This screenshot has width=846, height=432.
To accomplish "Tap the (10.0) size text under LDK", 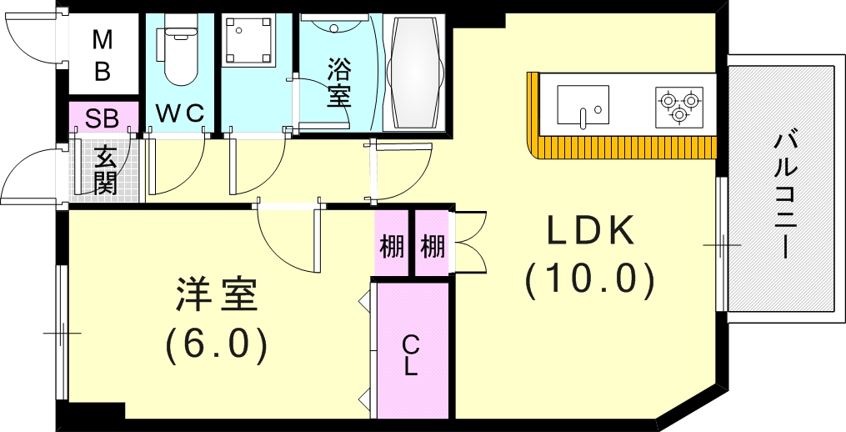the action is pyautogui.click(x=590, y=281).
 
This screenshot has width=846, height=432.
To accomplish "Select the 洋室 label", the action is pyautogui.click(x=217, y=296).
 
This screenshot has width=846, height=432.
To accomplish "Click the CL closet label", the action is pyautogui.click(x=411, y=354).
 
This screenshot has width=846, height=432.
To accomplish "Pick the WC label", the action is pyautogui.click(x=180, y=114).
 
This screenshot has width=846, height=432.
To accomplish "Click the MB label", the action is pyautogui.click(x=103, y=56).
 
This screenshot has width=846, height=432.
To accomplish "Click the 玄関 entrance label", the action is pyautogui.click(x=105, y=170).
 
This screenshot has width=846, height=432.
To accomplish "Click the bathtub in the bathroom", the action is pyautogui.click(x=414, y=73).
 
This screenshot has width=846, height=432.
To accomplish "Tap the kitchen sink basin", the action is pyautogui.click(x=583, y=106).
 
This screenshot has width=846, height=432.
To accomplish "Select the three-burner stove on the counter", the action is pyautogui.click(x=679, y=107).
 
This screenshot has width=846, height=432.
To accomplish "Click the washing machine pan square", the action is pyautogui.click(x=248, y=40).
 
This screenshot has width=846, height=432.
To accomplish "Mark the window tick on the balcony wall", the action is pyautogui.click(x=722, y=244).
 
